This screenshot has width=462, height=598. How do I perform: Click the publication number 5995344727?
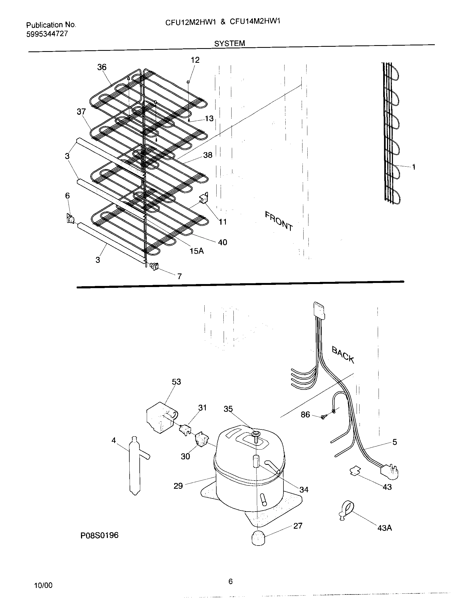tap(47, 34)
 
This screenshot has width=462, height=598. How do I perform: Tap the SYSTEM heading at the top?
tap(229, 43)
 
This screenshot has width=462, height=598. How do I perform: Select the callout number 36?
tap(102, 67)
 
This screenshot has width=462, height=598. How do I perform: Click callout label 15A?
tap(196, 251)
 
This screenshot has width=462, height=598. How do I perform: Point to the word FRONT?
tap(279, 221)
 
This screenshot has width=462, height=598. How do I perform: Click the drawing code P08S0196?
tap(99, 535)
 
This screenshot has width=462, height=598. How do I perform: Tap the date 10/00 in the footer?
tap(43, 585)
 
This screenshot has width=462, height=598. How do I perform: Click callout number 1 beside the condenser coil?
tap(414, 167)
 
